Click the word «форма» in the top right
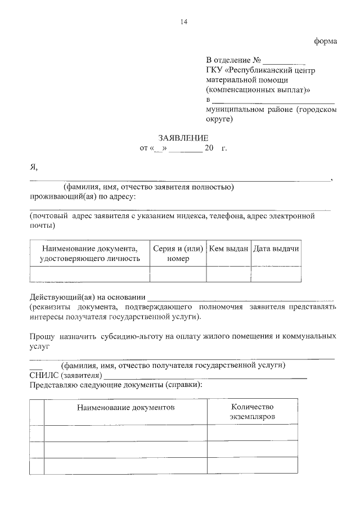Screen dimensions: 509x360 coord(325,41)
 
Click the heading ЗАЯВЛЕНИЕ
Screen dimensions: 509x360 coord(183,138)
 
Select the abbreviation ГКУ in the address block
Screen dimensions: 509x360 coord(214,71)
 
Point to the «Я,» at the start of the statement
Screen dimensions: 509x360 coord(34,167)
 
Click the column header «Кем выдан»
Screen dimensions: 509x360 coord(228,249)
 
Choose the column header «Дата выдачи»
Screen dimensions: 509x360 coord(276,249)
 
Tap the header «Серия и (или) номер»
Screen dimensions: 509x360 coord(178,253)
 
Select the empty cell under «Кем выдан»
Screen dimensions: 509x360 coord(228,274)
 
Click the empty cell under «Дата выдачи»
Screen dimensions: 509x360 coord(276,274)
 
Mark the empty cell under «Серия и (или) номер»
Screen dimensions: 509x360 coord(178,274)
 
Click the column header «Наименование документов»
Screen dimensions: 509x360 coord(126,406)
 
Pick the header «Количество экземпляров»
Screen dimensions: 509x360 coord(252,411)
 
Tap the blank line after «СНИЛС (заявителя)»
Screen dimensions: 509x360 coord(205,375)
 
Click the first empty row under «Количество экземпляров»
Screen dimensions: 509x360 coord(252,433)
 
